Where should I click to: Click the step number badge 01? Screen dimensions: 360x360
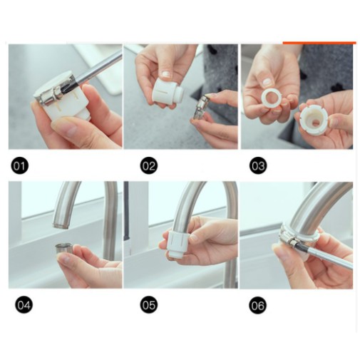19,165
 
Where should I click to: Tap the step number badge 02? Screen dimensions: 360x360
148,165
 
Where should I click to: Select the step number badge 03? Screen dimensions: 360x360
258,165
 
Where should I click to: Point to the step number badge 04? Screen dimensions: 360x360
24,305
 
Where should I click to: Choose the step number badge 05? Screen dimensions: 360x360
148,305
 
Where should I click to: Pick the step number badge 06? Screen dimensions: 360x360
257,305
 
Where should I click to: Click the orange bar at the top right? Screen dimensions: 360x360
319,43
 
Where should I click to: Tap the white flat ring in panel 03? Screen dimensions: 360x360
271,98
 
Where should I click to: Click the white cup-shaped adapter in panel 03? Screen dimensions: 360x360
314,119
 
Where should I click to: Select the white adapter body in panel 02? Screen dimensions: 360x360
168,91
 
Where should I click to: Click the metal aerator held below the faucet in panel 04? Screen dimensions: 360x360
64,250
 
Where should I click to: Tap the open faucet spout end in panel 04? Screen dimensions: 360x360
61,224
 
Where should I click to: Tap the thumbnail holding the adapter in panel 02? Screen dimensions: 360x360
166,74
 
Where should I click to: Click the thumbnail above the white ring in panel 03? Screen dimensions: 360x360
268,82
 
